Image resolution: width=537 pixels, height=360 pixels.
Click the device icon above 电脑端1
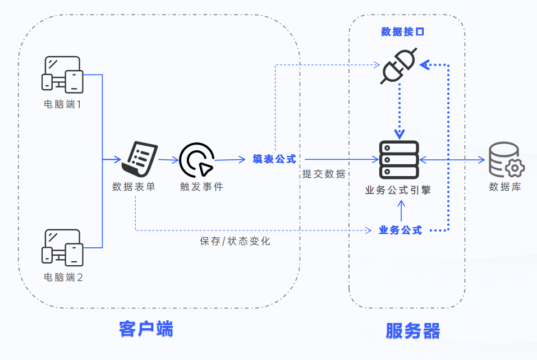(63, 74)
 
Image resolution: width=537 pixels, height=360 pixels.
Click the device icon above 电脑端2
(63, 247)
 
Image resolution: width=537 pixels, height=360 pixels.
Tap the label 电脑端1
(63, 104)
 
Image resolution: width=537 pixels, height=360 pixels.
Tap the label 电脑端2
(63, 277)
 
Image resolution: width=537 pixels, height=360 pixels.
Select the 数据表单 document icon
(140, 159)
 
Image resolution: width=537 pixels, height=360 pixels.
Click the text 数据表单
(134, 187)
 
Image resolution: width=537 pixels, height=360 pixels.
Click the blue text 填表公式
(274, 159)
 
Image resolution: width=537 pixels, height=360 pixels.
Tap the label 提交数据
(324, 174)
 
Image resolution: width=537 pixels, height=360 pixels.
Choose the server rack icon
(399, 160)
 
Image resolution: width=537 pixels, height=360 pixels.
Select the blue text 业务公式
(400, 230)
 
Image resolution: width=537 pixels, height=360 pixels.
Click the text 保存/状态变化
(235, 242)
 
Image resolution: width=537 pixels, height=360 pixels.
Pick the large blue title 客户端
(146, 329)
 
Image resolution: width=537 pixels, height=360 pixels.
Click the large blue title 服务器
(412, 330)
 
